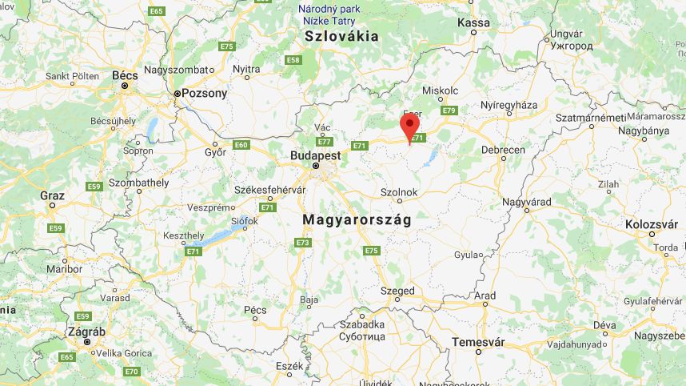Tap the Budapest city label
click(x=316, y=155)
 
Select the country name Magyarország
click(x=357, y=219)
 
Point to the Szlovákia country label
click(x=341, y=36)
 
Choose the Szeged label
click(x=397, y=291)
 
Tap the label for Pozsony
click(x=204, y=93)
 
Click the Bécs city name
click(x=125, y=75)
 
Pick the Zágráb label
click(x=86, y=331)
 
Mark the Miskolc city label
click(x=440, y=90)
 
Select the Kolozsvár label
click(x=652, y=223)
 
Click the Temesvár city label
click(x=478, y=342)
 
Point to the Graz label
click(x=53, y=195)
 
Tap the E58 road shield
click(x=293, y=60)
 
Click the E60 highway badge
click(x=241, y=145)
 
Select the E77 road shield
click(x=324, y=142)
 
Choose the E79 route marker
click(x=448, y=111)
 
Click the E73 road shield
click(x=302, y=243)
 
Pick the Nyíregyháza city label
click(x=509, y=106)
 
